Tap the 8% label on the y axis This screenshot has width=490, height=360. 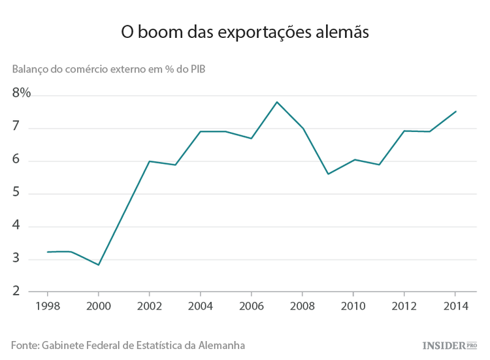[x=22, y=93]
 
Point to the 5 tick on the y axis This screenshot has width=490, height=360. [x=17, y=193]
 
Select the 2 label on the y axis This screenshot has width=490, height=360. [x=17, y=292]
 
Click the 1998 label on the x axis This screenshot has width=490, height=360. [x=47, y=306]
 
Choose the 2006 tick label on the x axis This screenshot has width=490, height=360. [x=251, y=306]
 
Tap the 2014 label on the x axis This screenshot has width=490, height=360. [x=455, y=306]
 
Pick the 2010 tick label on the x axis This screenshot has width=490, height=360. [x=353, y=306]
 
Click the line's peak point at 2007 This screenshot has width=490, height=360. [x=276, y=102]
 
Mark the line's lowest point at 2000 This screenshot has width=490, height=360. [x=98, y=265]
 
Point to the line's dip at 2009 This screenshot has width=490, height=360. [x=327, y=174]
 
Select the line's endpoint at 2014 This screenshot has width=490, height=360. [x=455, y=111]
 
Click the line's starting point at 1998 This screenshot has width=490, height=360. [x=47, y=252]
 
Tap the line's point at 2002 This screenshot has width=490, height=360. [x=149, y=161]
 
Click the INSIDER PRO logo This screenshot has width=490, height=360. [x=451, y=344]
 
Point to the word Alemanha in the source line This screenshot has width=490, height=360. [x=222, y=344]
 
